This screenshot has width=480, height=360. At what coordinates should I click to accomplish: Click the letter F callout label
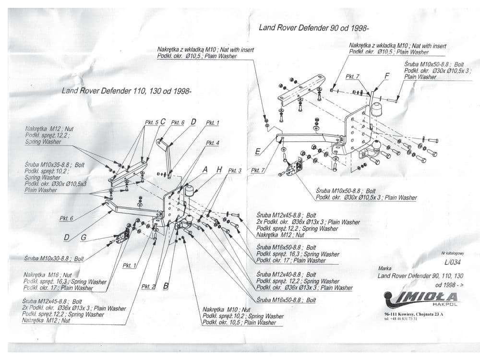386,76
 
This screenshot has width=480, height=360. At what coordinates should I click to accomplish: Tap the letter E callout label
258,152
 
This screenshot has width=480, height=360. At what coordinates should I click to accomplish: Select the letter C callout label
163,122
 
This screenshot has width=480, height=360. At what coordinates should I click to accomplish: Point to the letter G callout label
83,237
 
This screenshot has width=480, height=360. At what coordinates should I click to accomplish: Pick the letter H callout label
219,170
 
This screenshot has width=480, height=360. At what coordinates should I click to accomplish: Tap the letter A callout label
205,170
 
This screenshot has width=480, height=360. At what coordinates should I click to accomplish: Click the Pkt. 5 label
151,123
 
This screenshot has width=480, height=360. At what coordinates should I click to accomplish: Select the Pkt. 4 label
213,143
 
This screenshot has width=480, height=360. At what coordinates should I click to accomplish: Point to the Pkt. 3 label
235,170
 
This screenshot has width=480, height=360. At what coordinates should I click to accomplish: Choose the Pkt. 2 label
148,287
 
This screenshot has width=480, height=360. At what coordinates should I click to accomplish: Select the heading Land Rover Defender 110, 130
126,91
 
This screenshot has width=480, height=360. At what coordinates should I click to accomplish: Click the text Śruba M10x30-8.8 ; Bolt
54,259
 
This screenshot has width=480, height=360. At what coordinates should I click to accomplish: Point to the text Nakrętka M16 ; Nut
48,275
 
